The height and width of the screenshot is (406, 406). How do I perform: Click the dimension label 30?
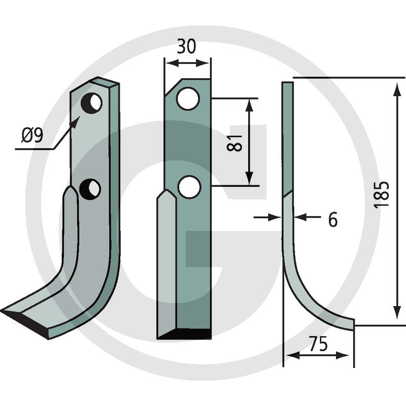186,47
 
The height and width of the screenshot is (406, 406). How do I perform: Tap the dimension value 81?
234,143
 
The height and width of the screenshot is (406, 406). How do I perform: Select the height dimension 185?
382,194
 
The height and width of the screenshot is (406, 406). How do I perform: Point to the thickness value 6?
333,219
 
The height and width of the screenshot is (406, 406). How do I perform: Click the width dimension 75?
318,344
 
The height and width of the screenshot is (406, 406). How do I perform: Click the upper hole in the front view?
188,98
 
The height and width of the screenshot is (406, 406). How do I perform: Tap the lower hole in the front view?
189,187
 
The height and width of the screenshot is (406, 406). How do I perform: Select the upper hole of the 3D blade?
91,103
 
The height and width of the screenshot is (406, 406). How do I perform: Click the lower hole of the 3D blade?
90,189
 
